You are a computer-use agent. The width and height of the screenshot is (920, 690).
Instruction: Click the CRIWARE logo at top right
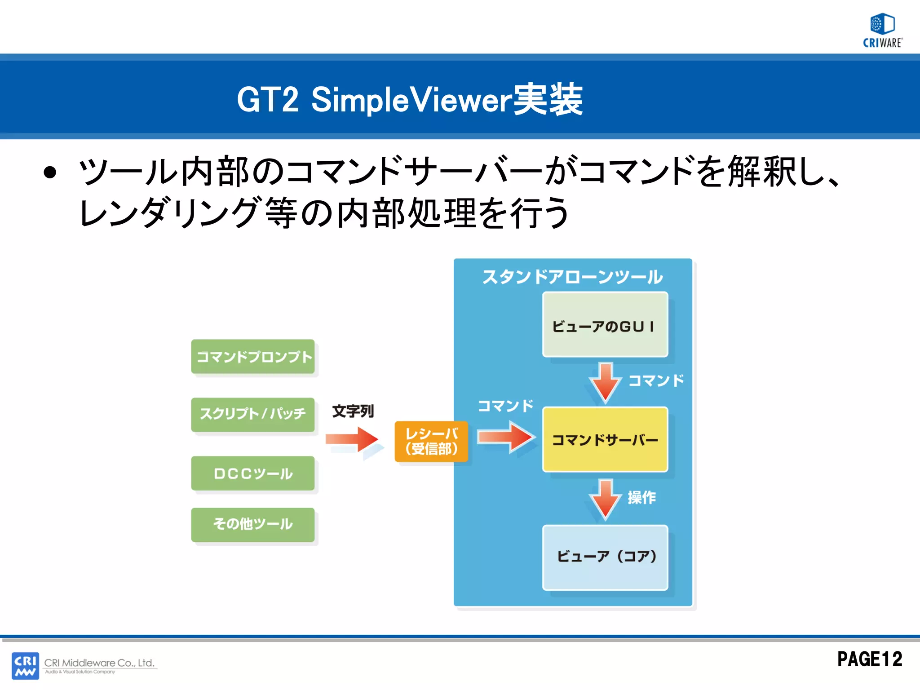882,31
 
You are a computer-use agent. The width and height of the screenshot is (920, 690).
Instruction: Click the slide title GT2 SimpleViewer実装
409,100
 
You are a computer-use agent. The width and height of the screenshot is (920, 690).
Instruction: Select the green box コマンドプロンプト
253,357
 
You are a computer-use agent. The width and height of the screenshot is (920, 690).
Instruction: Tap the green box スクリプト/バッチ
253,414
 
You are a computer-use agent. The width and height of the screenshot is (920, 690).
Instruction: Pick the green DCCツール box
253,473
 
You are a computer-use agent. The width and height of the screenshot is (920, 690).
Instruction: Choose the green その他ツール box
253,524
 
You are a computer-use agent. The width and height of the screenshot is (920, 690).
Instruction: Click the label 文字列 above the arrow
353,411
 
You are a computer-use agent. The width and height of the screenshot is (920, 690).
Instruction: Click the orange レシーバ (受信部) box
431,442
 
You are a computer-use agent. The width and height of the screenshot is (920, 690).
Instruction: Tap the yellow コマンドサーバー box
605,439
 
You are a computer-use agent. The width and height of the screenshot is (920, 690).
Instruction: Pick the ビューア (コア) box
605,557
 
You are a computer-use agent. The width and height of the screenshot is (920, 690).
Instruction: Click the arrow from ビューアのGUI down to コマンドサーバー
606,382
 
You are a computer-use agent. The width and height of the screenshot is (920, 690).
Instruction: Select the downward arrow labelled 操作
606,499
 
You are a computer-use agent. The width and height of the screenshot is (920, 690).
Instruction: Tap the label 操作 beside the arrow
641,497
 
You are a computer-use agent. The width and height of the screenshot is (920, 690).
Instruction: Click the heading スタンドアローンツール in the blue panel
572,277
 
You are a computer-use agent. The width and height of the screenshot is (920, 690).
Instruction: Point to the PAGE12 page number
870,659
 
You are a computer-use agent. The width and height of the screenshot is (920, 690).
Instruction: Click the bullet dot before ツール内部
50,173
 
